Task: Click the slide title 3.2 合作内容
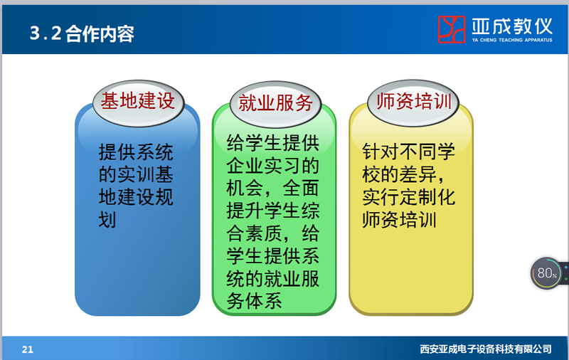(x=82, y=33)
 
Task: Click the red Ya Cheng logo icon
(x=452, y=29)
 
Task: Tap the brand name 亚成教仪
(x=512, y=26)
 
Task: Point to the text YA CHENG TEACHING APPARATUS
(x=512, y=40)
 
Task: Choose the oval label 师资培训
(x=413, y=102)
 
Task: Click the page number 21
(x=28, y=349)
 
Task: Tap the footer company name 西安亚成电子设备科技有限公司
(x=486, y=349)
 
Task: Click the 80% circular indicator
(x=546, y=273)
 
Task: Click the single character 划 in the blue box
(x=107, y=220)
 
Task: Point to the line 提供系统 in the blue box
(x=136, y=152)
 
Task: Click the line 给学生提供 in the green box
(x=273, y=142)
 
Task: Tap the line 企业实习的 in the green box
(x=273, y=166)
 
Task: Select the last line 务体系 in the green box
(x=255, y=301)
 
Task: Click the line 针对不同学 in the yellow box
(x=408, y=152)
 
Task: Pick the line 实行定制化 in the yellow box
(x=408, y=197)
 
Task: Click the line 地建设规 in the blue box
(x=136, y=197)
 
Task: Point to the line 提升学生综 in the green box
(x=273, y=211)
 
